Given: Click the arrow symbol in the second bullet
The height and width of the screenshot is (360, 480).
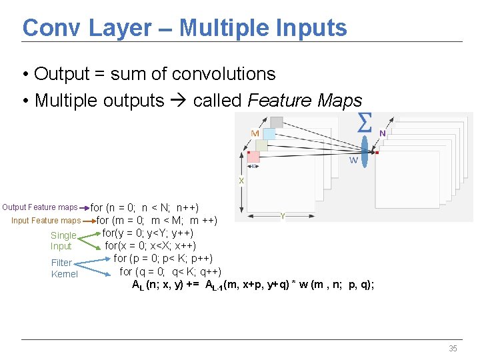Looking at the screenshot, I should coord(178,101).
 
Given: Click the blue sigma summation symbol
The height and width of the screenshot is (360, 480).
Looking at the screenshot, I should coord(365,123).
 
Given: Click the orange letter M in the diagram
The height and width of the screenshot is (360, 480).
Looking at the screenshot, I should coord(255,133).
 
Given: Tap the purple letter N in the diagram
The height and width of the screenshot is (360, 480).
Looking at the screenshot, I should coord(382,133).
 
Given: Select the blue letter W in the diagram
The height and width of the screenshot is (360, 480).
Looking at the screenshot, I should coord(353,160).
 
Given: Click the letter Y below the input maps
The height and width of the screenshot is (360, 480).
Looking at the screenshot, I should coord(283,216).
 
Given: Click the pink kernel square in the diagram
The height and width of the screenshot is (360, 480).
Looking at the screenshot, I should coord(253,157).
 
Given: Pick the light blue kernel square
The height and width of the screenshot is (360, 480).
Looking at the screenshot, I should coord(269,133).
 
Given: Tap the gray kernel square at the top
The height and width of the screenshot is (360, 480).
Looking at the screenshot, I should coord(276,122).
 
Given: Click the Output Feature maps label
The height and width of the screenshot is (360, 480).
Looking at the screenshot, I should coord(40,207).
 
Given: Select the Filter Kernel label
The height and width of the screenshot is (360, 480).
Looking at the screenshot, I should coord(64,268).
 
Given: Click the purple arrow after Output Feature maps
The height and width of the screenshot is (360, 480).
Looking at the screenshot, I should coord(85,207).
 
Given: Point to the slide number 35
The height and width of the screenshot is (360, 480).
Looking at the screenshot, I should coord(453,349).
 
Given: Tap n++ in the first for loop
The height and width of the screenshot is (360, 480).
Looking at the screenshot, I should coord(187,207).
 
